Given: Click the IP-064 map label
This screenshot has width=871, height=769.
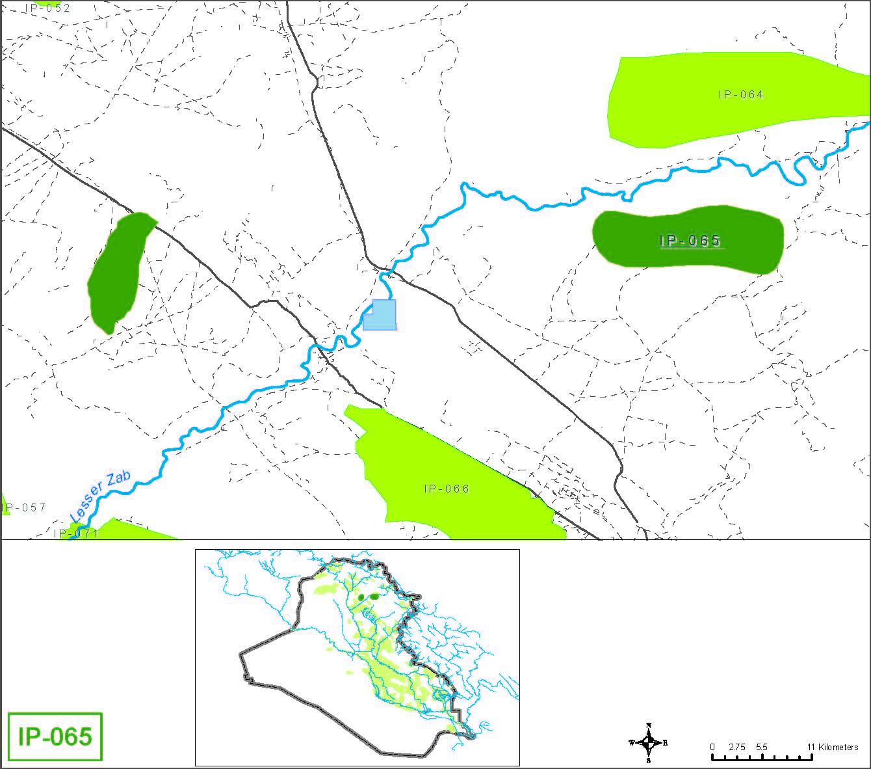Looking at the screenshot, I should click(741, 95).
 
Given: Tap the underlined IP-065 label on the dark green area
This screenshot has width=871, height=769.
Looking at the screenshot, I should click(690, 241).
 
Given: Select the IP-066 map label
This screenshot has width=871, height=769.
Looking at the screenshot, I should click(447, 489).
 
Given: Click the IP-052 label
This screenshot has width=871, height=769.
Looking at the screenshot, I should click(48, 8).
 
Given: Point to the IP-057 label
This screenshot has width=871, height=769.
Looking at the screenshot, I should click(25, 507).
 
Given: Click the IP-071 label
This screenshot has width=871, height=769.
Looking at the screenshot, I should click(76, 533).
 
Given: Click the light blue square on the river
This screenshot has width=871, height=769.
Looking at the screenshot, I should click(380, 315).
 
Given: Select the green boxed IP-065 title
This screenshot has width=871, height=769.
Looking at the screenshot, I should click(55, 736).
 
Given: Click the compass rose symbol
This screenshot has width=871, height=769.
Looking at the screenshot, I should click(649, 742).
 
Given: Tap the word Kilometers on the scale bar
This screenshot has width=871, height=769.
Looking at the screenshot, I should click(838, 747).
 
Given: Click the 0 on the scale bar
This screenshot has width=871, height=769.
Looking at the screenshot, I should click(712, 747).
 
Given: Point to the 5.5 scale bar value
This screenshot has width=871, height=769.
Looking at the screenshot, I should click(761, 747).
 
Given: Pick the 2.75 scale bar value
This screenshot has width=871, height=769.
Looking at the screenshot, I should click(736, 747).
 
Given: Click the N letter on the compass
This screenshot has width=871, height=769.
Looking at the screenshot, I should click(649, 725).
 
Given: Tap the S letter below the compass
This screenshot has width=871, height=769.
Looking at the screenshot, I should click(649, 760).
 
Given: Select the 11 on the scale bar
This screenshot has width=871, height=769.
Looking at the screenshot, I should click(811, 747).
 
